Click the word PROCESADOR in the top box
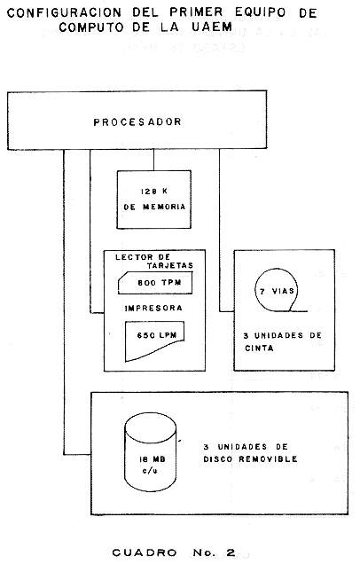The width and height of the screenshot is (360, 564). pos(137,122)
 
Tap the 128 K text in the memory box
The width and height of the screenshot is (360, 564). pos(154,192)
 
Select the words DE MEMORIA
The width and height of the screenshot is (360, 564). pos(154,207)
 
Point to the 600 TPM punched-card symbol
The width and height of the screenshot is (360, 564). pos(155,283)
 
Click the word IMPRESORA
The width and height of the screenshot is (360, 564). pos(153,309)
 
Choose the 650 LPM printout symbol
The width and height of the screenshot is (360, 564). pos(154,340)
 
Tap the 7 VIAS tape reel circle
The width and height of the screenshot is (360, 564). pos(277,290)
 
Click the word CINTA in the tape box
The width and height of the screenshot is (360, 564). pos(259,349)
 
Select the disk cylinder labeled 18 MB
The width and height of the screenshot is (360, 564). pos(151,452)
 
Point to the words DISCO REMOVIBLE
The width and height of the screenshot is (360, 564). pos(250,459)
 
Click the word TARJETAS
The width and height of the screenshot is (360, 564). pos(170,265)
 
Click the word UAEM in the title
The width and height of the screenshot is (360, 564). pos(212,27)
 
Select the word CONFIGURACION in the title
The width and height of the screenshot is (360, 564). pos(64,13)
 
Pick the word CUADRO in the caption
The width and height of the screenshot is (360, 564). pos(145,552)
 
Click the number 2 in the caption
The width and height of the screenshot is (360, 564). pos(231,552)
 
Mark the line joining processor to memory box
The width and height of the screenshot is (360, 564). pos(154,160)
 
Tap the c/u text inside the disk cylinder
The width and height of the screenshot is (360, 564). pos(150,471)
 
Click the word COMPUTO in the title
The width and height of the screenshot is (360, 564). pos(91,27)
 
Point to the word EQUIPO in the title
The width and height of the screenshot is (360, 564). pos(261,12)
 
